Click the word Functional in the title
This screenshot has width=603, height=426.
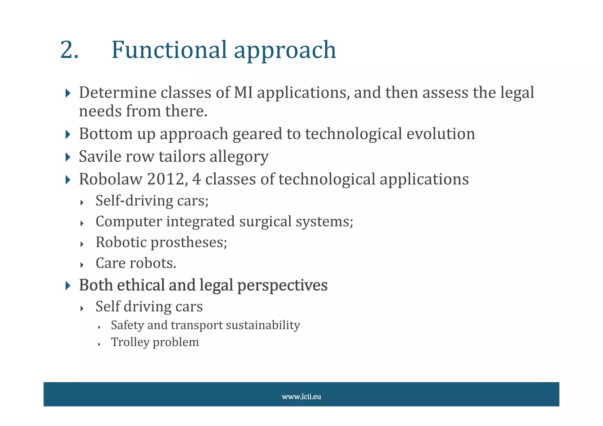tap(169, 50)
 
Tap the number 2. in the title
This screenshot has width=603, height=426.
tap(69, 50)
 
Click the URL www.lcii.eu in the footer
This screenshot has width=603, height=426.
tap(301, 397)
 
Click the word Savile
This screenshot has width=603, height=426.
tap(100, 156)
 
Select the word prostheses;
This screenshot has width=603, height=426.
tap(189, 243)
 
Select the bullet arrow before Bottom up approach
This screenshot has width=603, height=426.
tap(68, 135)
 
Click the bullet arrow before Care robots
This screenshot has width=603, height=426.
tap(82, 265)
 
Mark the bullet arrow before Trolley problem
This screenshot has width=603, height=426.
tap(99, 344)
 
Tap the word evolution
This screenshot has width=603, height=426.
tap(440, 134)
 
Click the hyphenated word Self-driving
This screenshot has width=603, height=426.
tap(134, 201)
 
